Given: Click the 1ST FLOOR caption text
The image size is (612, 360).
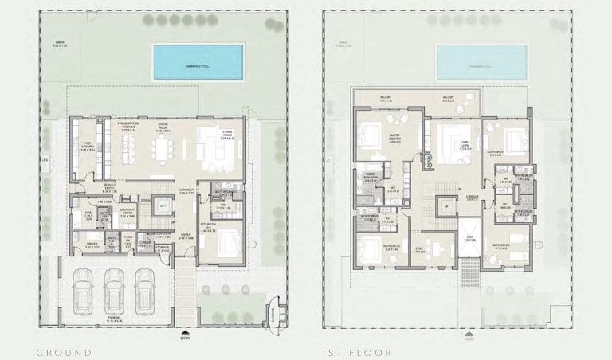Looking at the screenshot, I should (x=355, y=350).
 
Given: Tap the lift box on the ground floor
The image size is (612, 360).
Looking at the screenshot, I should (x=163, y=205).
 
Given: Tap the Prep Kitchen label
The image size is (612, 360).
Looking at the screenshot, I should (x=88, y=147).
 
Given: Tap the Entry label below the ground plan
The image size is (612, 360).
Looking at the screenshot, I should (x=186, y=337).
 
